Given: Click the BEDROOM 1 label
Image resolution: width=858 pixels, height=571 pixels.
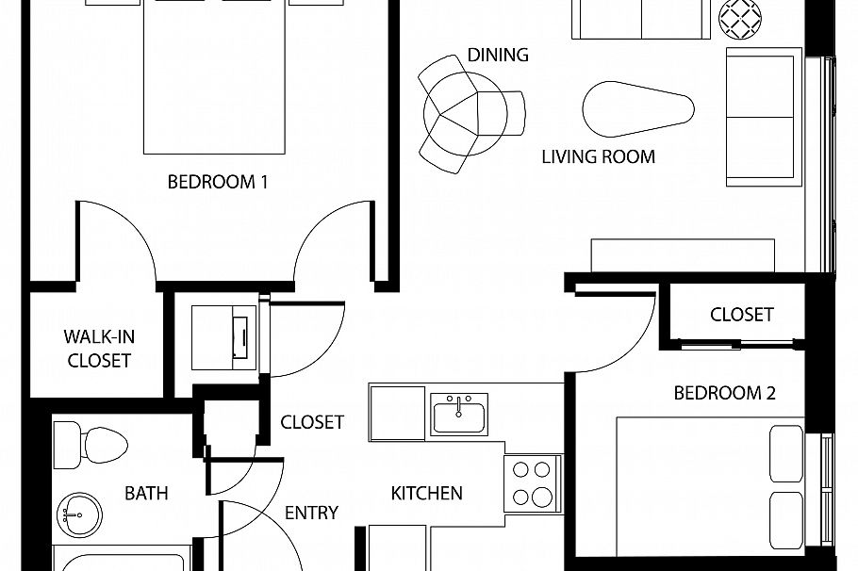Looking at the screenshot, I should point(218,182).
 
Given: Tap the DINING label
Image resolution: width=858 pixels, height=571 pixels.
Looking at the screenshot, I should point(498,55).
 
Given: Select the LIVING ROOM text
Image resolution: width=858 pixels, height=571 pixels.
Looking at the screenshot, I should point(598,156).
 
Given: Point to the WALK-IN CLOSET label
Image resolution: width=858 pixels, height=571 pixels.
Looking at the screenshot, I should point(98,348).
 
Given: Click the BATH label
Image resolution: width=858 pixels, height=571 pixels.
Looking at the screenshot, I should point(146,492).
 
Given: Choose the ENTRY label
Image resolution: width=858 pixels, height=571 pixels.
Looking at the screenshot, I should point(311,513).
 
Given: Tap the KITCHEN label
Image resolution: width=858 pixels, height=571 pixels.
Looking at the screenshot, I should point(427,492).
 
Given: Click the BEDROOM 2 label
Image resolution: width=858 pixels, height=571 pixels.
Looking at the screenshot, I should point(724,393).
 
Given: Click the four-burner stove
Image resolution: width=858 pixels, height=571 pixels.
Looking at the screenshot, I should point(532,482).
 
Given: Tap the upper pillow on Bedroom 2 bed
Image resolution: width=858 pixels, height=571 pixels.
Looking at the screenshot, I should point(787,452).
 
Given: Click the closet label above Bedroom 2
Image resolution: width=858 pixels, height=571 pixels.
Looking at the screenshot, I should point(742,314).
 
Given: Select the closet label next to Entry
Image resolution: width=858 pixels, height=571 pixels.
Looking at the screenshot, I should point(312,422).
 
